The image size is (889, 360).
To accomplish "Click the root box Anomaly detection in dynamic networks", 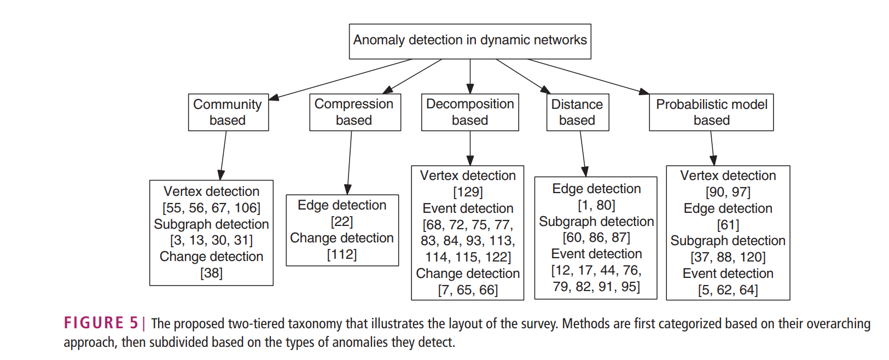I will (470, 41).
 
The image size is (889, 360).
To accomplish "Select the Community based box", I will (228, 112).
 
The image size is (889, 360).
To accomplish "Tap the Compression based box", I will (355, 112).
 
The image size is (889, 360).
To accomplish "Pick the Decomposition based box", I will (470, 112).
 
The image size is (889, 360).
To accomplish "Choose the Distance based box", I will (577, 112).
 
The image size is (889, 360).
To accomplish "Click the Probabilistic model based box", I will (711, 112).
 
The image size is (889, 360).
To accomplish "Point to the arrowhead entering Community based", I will (274, 98).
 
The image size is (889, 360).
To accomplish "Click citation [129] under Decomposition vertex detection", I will (468, 192).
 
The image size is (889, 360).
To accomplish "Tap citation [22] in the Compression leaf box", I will (342, 222).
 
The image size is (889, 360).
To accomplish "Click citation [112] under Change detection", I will (342, 254).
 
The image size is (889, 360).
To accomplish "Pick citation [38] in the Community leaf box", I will (211, 273).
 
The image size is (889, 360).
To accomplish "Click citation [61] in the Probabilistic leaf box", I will (728, 225).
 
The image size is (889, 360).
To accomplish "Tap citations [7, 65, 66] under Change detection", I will (468, 290).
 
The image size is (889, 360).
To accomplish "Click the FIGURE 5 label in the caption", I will (101, 323).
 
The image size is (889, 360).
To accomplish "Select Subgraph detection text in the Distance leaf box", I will (596, 222).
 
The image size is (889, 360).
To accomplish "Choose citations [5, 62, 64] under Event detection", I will (728, 290).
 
